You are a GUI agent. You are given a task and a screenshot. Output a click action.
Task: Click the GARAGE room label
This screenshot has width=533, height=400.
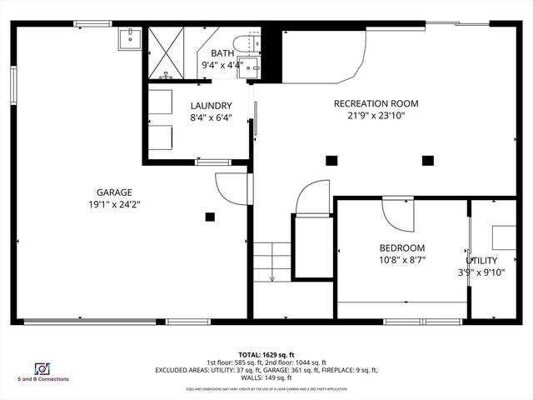(x=113, y=192)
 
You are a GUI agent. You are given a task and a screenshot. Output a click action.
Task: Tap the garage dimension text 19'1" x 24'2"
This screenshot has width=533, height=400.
(x=113, y=204)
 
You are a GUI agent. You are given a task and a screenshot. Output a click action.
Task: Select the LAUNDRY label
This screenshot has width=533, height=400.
(x=211, y=106)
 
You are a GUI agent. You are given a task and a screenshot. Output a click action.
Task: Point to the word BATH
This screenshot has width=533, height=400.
(x=222, y=53)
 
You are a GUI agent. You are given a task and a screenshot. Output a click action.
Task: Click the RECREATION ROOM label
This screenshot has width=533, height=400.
(x=376, y=104)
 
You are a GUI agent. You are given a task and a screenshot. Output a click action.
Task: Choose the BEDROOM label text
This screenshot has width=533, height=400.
(x=402, y=247)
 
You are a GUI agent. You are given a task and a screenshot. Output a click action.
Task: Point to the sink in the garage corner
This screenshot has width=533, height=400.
(x=131, y=38)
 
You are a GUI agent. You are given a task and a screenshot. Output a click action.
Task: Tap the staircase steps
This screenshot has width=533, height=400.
(x=271, y=261)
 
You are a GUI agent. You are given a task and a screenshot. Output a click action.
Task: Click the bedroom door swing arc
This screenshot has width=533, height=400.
(x=397, y=214)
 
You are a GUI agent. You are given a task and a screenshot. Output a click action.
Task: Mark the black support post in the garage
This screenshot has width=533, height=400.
(x=210, y=217)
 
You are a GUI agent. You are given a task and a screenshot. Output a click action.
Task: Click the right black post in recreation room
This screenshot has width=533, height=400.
(x=428, y=160)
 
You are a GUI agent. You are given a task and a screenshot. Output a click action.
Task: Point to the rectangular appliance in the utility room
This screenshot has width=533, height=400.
(x=504, y=237)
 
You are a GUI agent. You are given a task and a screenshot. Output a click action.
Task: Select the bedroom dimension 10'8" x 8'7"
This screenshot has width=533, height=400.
(x=402, y=260)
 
